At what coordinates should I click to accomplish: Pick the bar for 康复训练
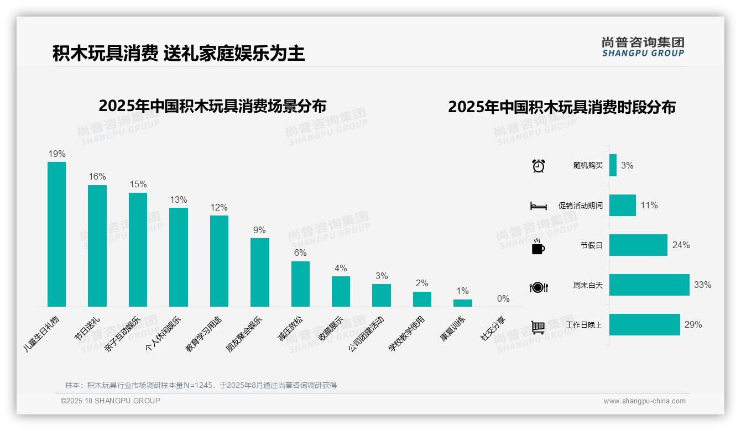pyautogui.click(x=463, y=303)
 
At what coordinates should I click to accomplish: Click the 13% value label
pyautogui.click(x=179, y=200)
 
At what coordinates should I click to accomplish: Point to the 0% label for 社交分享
pyautogui.click(x=503, y=299)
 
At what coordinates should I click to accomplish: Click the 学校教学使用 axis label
pyautogui.click(x=406, y=334)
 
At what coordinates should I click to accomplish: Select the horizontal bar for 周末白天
pyautogui.click(x=649, y=285)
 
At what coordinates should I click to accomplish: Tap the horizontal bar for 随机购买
pyautogui.click(x=613, y=165)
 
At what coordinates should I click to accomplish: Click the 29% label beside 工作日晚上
pyautogui.click(x=693, y=325)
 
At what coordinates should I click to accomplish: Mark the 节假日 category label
pyautogui.click(x=591, y=245)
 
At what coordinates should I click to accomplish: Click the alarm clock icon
pyautogui.click(x=538, y=166)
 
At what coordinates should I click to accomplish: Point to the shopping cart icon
pyautogui.click(x=538, y=327)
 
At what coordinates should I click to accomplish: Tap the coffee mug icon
pyautogui.click(x=538, y=246)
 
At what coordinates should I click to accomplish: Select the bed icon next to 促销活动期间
pyautogui.click(x=538, y=206)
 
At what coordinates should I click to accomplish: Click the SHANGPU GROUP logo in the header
pyautogui.click(x=643, y=46)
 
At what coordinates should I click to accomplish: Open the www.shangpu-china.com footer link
pyautogui.click(x=644, y=401)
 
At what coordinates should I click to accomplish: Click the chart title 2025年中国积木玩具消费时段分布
pyautogui.click(x=562, y=107)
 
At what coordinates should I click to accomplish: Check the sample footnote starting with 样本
pyautogui.click(x=201, y=385)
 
